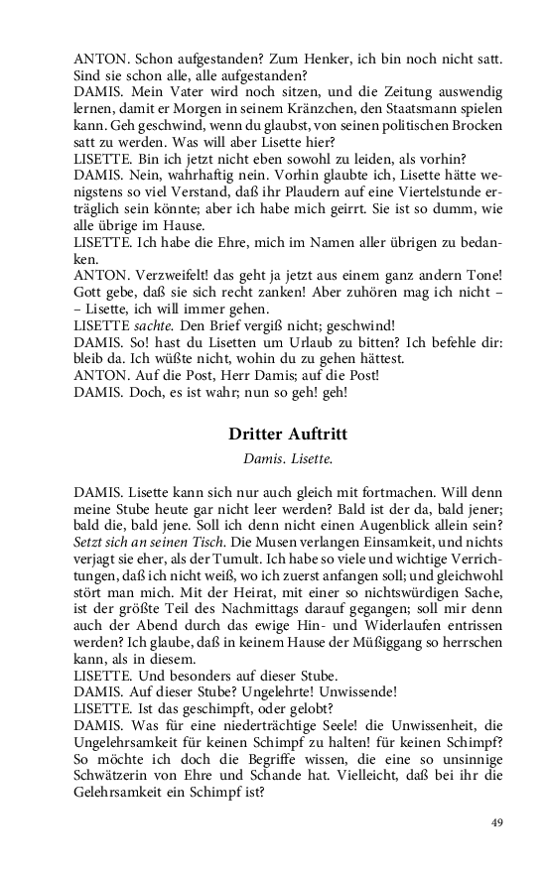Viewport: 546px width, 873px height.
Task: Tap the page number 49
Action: tap(499, 822)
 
